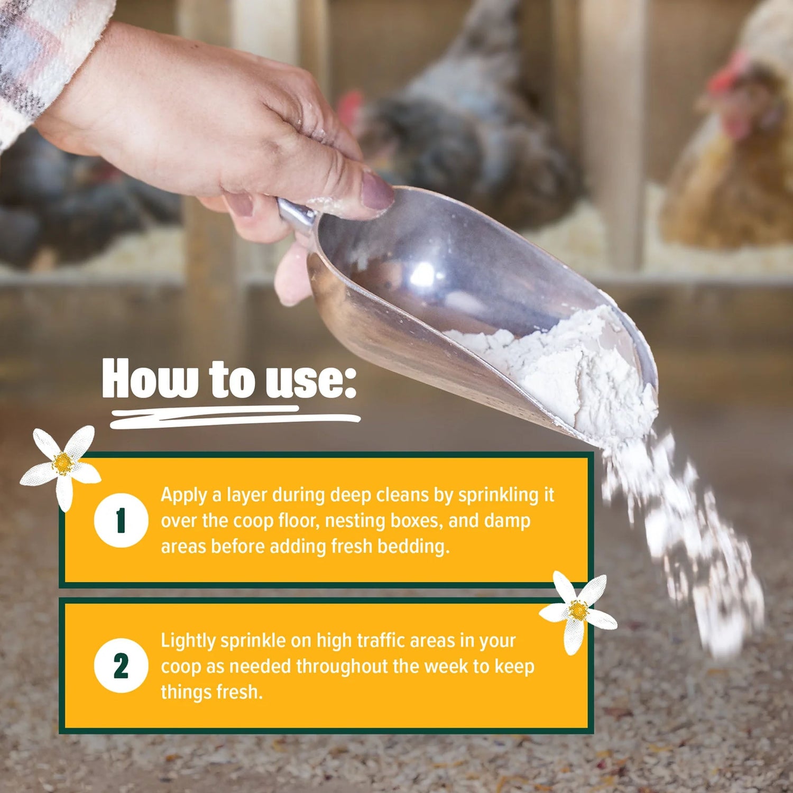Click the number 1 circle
121,520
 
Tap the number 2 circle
121,666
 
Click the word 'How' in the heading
151,379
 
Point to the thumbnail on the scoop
377,191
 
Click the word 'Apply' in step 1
184,496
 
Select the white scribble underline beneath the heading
235,417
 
